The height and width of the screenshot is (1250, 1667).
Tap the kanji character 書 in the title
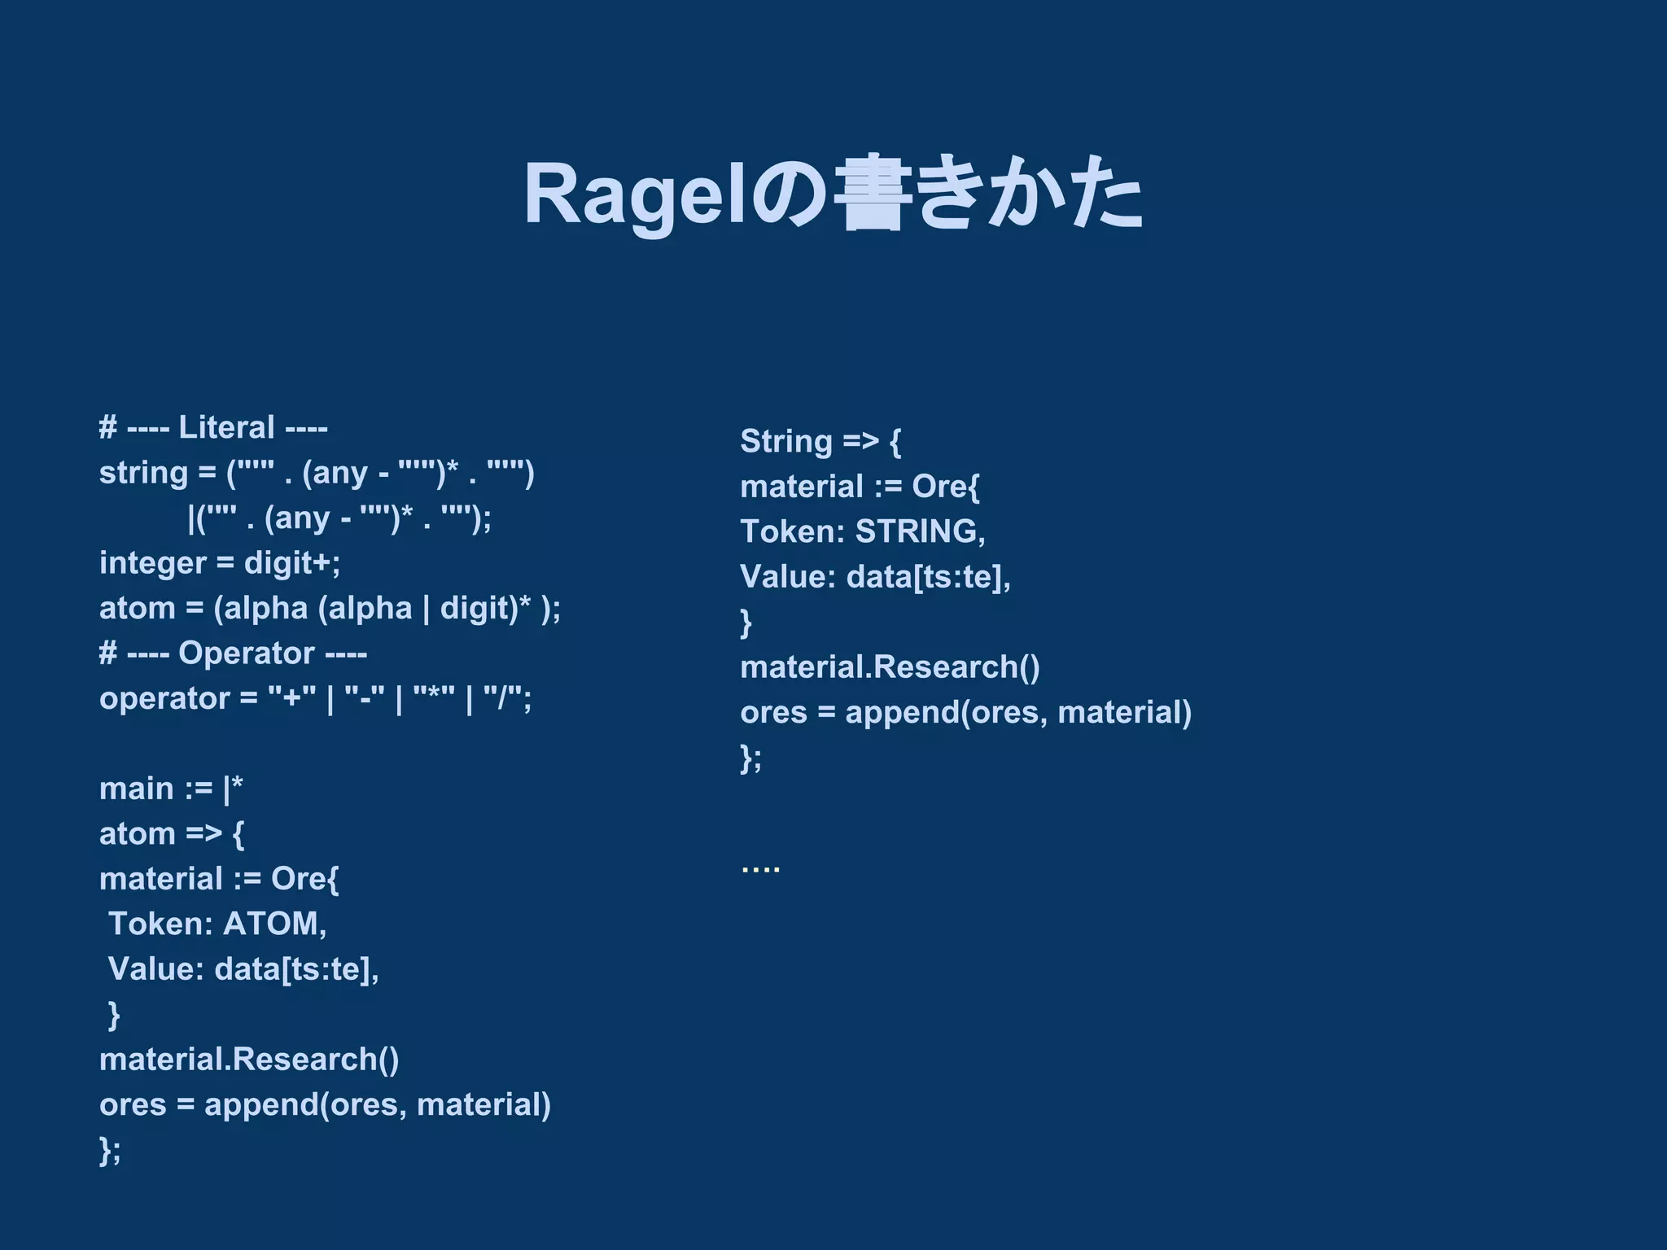coord(871,194)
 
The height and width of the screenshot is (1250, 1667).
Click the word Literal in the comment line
coord(226,428)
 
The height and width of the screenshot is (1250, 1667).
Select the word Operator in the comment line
coord(246,653)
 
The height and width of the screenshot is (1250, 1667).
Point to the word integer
coord(152,563)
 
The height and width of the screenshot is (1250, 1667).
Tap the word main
coord(137,789)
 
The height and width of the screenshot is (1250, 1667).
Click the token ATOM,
coord(274,924)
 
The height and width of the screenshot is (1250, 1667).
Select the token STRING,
coord(920,531)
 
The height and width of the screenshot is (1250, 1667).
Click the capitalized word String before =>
coord(786,441)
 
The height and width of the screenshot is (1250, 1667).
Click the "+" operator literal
coord(291,698)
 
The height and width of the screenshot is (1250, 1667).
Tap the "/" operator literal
coord(506,698)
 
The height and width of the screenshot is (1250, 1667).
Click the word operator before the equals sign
coord(164,698)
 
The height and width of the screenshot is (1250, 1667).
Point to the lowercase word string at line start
coord(143,473)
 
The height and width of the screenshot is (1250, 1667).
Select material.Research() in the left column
coord(249,1060)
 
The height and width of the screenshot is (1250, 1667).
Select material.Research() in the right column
coord(890,667)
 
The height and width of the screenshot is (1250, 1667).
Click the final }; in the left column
coord(110,1150)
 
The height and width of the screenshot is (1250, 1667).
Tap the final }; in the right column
coord(750,758)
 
